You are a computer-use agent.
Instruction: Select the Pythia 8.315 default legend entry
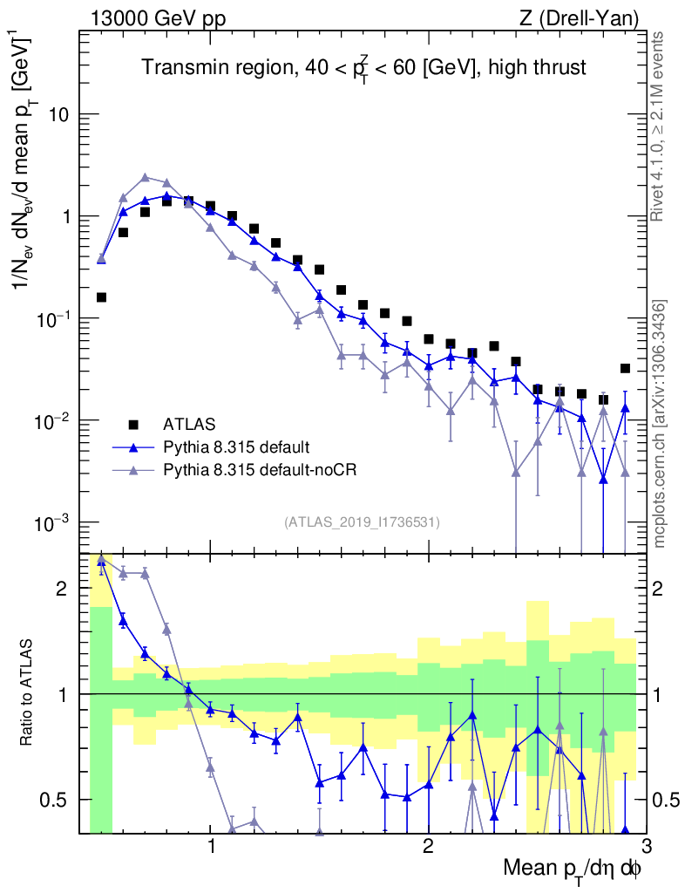(236, 447)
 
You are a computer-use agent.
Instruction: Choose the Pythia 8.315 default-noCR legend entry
(258, 470)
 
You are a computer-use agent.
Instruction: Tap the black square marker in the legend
(133, 425)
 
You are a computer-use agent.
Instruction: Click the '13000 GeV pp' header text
(152, 18)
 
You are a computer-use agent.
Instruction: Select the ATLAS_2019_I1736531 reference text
(362, 522)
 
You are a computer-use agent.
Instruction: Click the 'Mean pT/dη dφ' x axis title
(573, 869)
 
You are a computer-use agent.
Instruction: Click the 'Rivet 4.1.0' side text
(660, 126)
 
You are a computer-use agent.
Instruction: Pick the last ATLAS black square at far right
(625, 368)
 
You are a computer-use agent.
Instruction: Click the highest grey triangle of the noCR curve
(145, 177)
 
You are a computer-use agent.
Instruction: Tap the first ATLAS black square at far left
(101, 297)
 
